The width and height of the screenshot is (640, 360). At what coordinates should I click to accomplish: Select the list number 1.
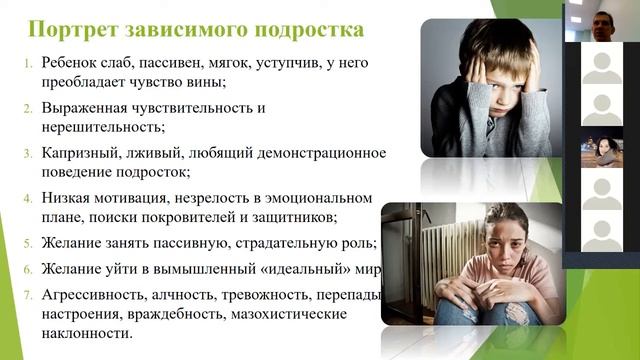28,63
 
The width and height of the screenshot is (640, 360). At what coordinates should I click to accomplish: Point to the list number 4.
28,198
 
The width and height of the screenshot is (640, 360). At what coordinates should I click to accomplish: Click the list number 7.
28,295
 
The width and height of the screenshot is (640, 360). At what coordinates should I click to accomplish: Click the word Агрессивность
95,296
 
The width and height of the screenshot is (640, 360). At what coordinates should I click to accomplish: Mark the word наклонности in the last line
87,335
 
